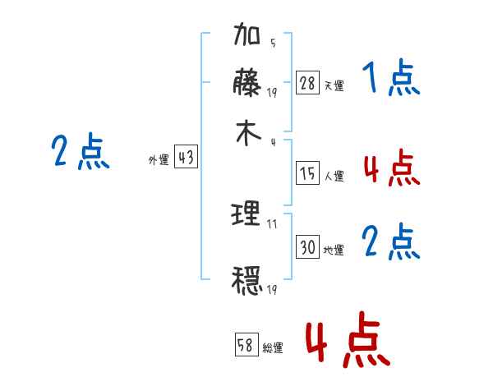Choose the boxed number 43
[186, 159]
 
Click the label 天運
[334, 85]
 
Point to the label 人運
[334, 176]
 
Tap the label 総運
[273, 348]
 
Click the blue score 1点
[390, 80]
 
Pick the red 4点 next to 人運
[390, 169]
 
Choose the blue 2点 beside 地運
[390, 243]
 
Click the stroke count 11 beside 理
[272, 223]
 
